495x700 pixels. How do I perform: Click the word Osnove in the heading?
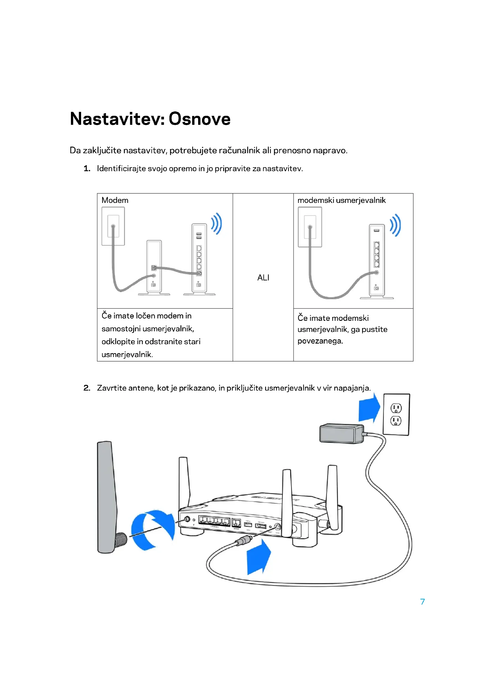(x=199, y=119)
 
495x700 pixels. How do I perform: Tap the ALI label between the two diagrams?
(x=263, y=278)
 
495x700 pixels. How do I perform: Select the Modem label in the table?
(x=115, y=200)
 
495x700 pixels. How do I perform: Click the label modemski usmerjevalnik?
(x=341, y=200)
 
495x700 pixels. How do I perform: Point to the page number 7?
(x=423, y=602)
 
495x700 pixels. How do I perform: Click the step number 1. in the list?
(x=87, y=168)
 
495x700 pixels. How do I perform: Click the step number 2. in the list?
(x=87, y=388)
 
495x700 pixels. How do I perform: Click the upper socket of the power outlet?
(x=396, y=408)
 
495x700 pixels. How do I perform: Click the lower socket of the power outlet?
(x=396, y=421)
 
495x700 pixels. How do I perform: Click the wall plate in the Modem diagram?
(x=113, y=226)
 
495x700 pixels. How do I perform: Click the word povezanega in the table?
(x=320, y=341)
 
